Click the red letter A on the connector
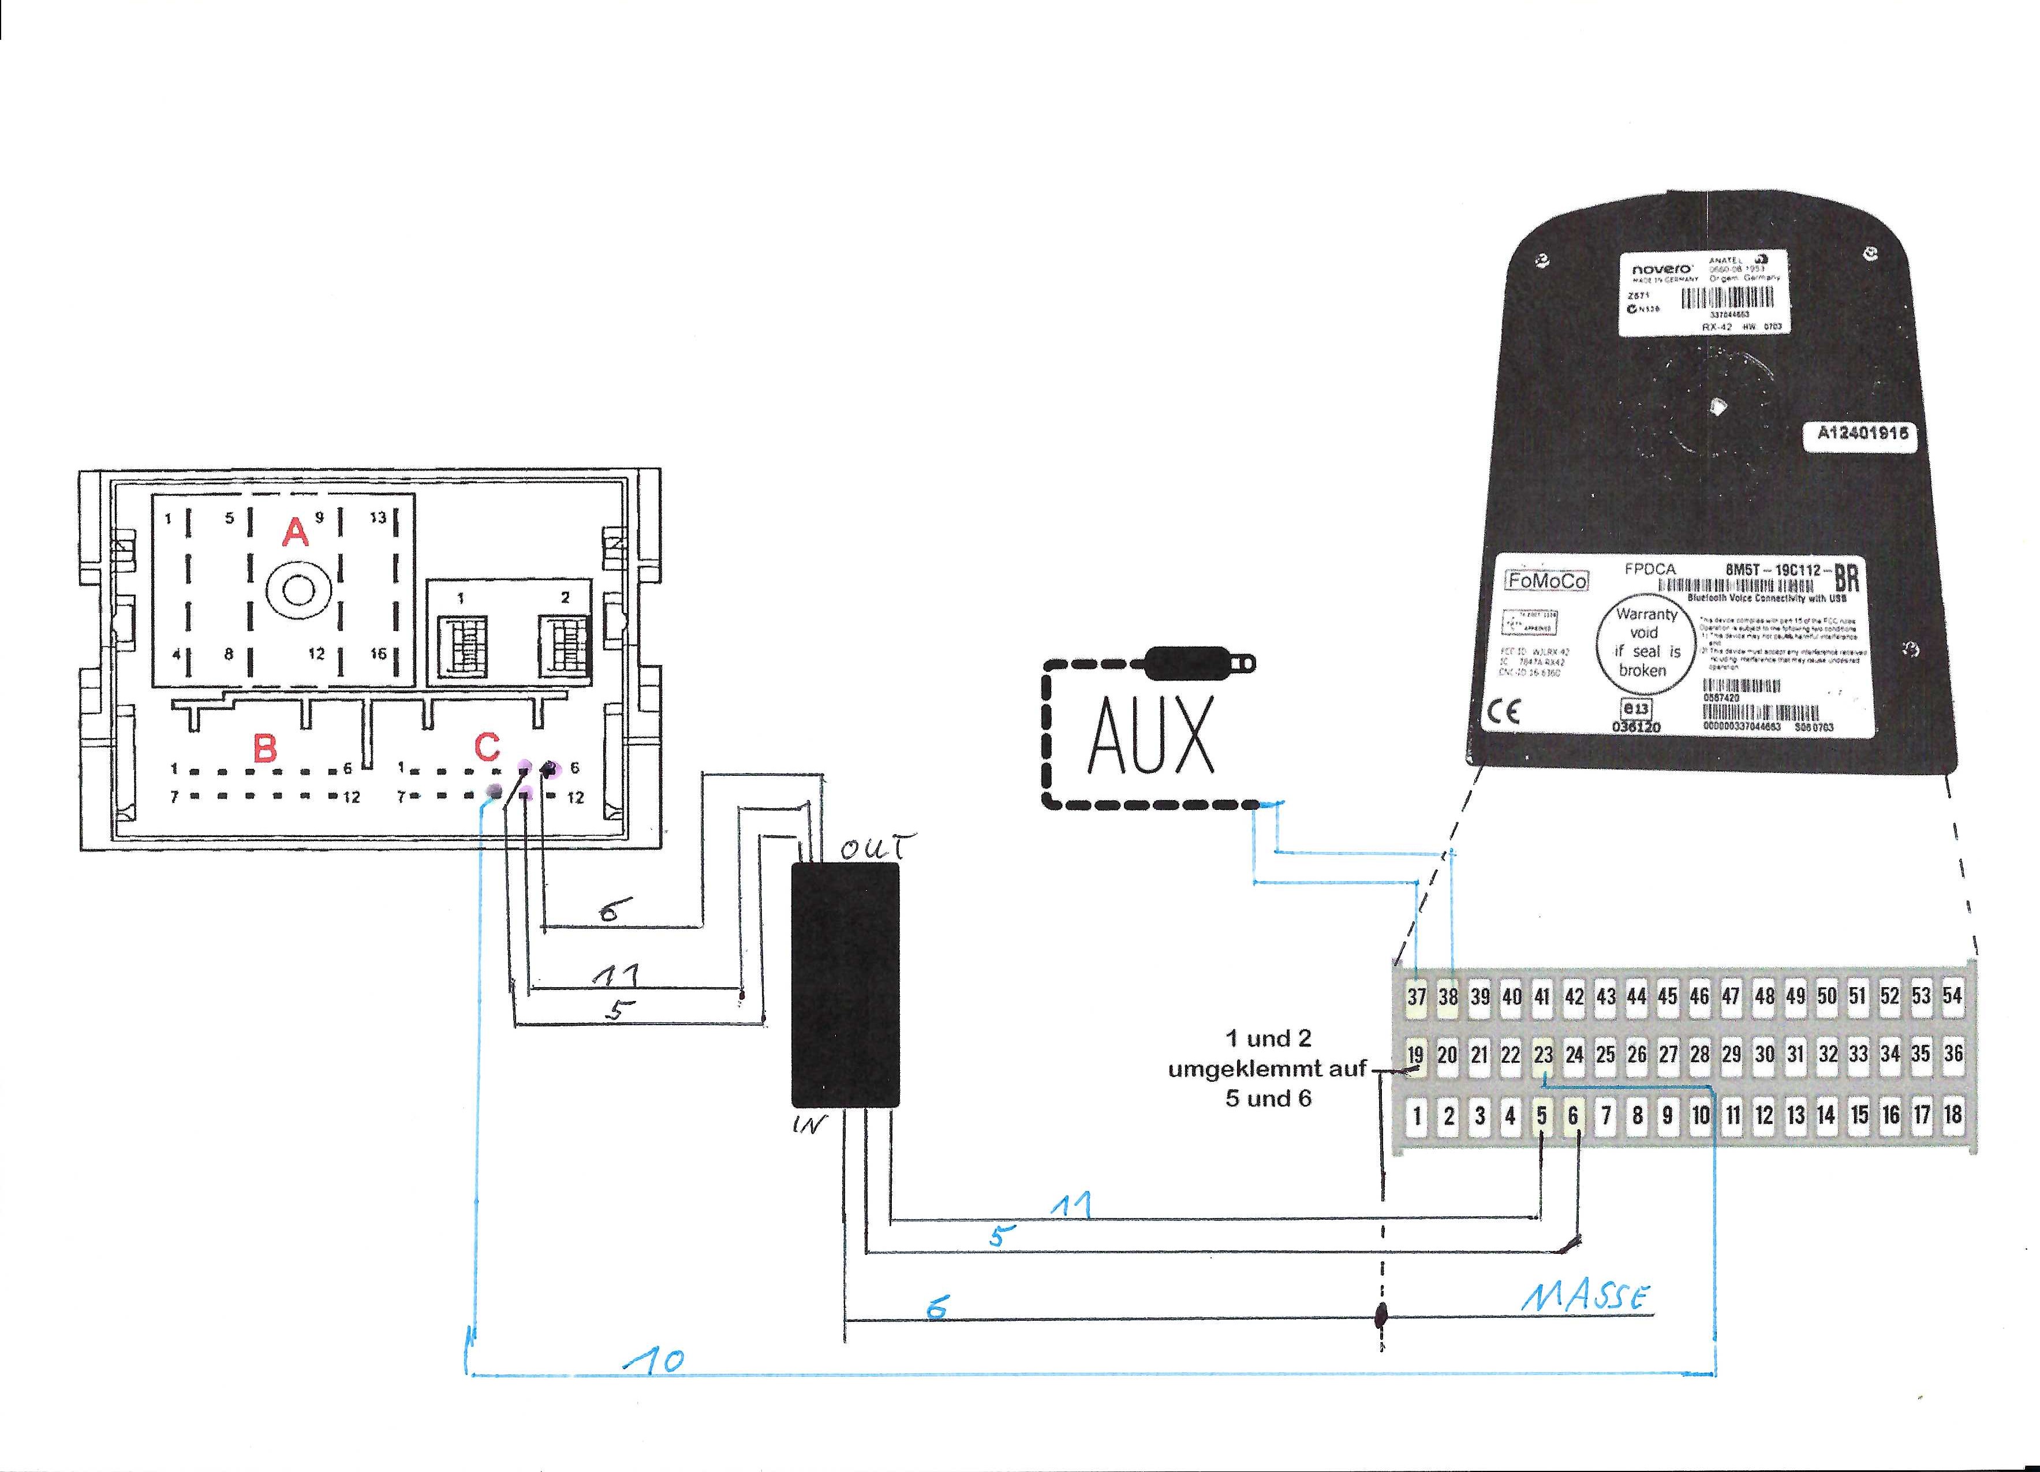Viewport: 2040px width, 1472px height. pos(295,533)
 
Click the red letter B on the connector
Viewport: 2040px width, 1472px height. pos(264,748)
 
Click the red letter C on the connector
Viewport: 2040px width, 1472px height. pos(487,746)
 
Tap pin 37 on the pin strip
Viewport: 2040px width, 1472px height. pos(1417,996)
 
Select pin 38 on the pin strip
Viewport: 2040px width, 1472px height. pos(1448,996)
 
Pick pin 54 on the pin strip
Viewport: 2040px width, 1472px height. pos(1952,995)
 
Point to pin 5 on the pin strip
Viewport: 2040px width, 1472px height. pos(1542,1116)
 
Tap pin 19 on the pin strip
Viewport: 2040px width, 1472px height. pos(1416,1055)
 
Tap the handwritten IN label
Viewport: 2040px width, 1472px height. pos(809,1124)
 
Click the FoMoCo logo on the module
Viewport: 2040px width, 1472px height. pos(1547,581)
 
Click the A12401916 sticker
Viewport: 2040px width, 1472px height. pos(1862,434)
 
